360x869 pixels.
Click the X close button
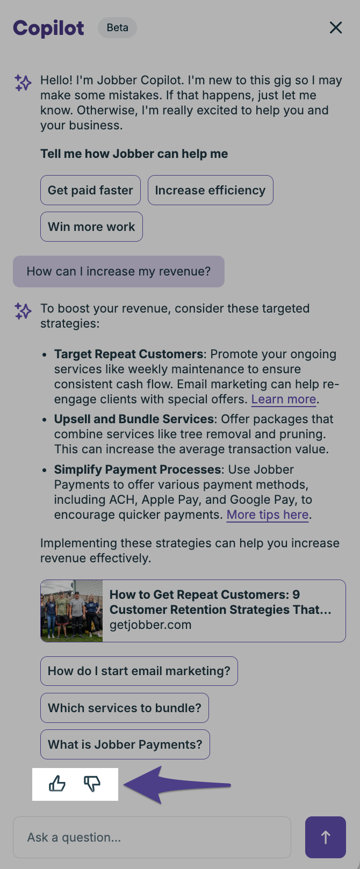click(336, 27)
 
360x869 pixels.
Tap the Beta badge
click(117, 27)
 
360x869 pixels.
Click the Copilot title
click(48, 28)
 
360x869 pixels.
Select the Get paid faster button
click(90, 190)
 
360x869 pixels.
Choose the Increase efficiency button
click(210, 190)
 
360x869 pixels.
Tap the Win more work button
click(91, 227)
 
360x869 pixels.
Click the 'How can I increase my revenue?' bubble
click(119, 272)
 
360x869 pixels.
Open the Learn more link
click(284, 399)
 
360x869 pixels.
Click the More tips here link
click(268, 515)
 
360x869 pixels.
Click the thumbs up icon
click(57, 783)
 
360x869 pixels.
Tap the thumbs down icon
click(92, 783)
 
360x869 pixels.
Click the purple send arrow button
click(326, 837)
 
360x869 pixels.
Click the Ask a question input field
click(152, 837)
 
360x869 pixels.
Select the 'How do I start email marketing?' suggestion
click(139, 671)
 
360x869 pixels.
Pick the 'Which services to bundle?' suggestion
click(125, 708)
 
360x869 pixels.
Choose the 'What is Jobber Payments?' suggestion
click(125, 744)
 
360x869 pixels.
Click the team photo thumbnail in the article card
click(72, 611)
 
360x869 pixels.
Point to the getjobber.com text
click(150, 625)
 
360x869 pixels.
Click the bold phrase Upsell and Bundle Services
click(134, 419)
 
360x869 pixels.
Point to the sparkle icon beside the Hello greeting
click(23, 83)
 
